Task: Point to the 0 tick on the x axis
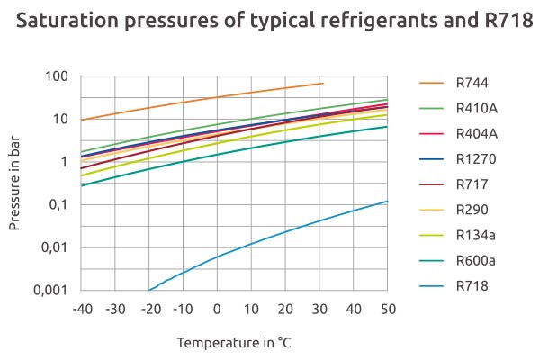(217, 309)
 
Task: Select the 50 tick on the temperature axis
(387, 309)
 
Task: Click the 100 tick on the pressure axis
(58, 76)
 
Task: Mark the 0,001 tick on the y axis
(50, 291)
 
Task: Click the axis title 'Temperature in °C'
(234, 343)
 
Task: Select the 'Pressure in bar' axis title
(17, 184)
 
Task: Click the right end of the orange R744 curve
(323, 84)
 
